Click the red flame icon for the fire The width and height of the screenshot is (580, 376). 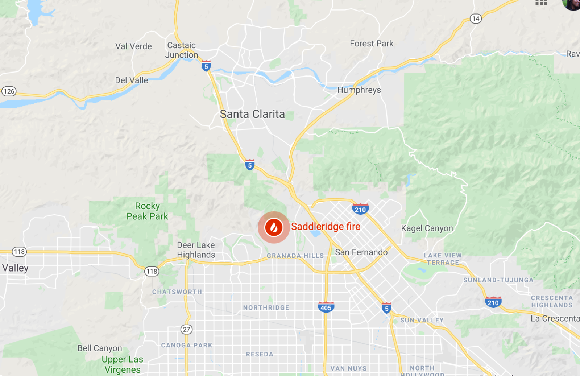[274, 227]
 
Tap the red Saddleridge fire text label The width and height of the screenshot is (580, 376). [326, 227]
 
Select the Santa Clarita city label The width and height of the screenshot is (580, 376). [252, 114]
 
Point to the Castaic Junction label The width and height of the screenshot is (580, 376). [182, 50]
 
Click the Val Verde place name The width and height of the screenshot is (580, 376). [133, 46]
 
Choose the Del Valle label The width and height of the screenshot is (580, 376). [131, 80]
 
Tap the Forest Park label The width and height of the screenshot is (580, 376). [372, 44]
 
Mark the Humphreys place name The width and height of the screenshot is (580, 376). [359, 90]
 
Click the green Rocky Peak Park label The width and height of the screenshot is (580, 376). [147, 211]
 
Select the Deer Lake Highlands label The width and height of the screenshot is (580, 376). [196, 250]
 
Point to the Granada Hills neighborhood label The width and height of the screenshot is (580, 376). [295, 256]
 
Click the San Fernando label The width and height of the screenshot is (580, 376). [361, 252]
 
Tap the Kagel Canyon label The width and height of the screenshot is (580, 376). [427, 228]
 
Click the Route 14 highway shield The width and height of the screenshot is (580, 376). [476, 18]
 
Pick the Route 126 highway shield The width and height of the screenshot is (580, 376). [9, 91]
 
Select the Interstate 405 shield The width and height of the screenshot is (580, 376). [326, 307]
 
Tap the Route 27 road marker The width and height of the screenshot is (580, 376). [186, 329]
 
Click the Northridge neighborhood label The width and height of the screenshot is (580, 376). [266, 307]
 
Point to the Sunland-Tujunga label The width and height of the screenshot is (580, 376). [498, 280]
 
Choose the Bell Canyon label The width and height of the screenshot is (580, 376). [100, 348]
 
